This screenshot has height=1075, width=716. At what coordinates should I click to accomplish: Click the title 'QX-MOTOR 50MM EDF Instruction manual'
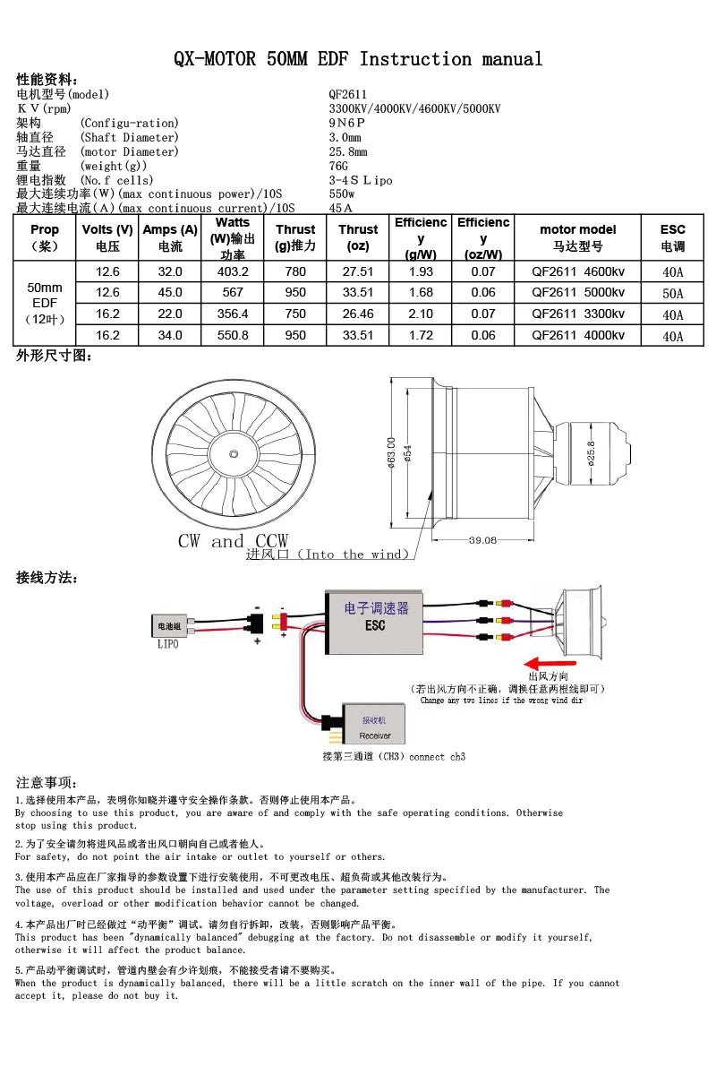[x=358, y=60]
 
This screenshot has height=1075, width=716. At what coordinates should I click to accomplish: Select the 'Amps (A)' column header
[x=170, y=237]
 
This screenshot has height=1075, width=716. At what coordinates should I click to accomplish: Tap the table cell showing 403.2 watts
[x=233, y=271]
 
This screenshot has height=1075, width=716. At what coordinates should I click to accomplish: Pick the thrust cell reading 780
[x=295, y=271]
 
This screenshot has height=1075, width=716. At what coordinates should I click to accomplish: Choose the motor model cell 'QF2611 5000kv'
[x=578, y=292]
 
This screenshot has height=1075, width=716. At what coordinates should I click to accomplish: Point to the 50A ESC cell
[x=673, y=293]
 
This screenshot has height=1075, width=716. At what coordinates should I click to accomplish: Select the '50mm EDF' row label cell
[x=45, y=303]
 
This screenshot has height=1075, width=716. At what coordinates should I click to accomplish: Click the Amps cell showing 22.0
[x=170, y=314]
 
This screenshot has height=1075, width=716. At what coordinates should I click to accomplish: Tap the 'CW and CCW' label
[x=233, y=541]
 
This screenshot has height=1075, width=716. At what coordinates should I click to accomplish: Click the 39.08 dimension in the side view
[x=482, y=540]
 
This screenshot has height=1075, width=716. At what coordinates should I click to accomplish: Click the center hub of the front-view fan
[x=233, y=454]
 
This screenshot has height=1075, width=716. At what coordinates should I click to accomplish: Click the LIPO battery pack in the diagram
[x=169, y=627]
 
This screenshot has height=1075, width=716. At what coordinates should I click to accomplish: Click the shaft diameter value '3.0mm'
[x=345, y=137]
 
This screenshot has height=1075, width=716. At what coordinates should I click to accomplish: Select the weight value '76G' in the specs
[x=338, y=166]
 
